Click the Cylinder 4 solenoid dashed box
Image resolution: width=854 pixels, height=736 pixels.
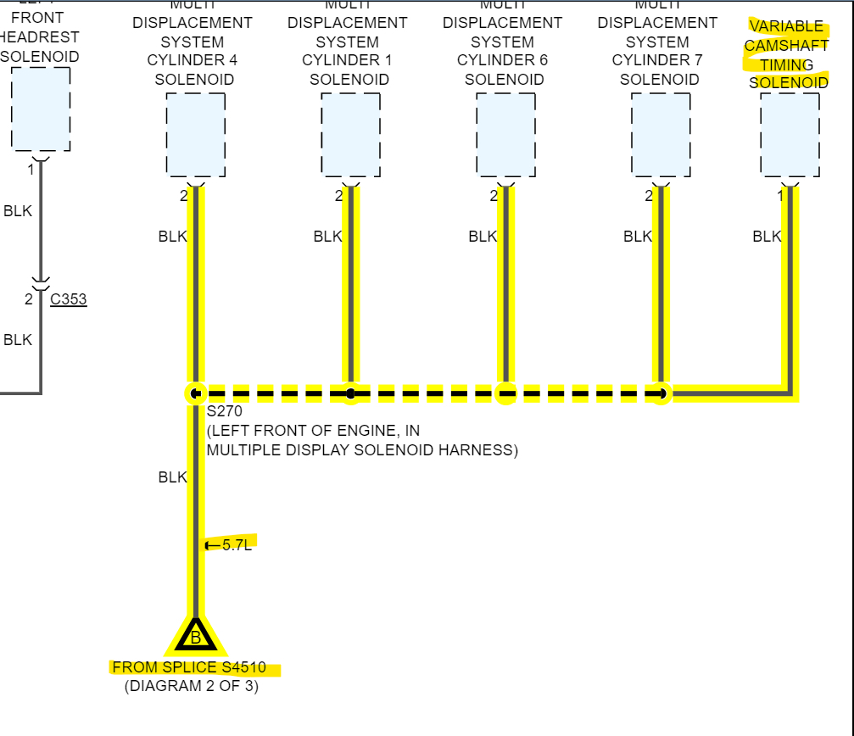pos(195,134)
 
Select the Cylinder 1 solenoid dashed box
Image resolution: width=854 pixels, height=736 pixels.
pos(350,134)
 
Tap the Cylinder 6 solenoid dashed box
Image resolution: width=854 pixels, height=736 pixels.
pos(505,134)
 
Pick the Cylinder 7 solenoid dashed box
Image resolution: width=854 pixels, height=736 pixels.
pos(661,134)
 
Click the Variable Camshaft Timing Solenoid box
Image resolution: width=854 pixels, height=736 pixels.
pos(790,134)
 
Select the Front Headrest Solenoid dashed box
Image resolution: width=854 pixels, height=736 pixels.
pos(41,109)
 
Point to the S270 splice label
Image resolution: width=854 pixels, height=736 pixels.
pos(225,412)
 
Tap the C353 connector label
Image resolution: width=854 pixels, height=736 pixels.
pos(68,299)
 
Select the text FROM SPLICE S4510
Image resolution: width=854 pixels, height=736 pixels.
pos(189,667)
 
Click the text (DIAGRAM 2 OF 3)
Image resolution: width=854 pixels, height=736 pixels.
pos(192,686)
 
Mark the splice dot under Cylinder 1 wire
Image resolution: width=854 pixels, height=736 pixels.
pos(350,393)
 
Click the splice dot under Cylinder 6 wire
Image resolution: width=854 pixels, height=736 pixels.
pos(505,393)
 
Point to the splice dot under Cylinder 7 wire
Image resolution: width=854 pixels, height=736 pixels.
pos(661,393)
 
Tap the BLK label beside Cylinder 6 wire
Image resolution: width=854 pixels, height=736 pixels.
pos(483,237)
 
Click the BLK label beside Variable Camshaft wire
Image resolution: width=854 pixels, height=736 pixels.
pos(767,237)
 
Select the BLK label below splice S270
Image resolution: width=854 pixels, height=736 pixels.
pos(172,477)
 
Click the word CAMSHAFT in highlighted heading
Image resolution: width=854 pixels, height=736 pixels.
pos(786,46)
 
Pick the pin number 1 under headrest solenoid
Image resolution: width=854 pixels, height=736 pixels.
pos(31,169)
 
